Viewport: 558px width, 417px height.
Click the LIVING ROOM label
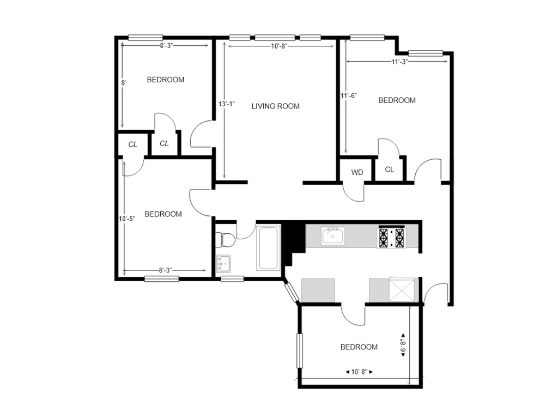point(275,106)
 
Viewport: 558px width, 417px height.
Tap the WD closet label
point(357,172)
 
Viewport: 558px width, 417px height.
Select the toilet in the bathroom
point(225,239)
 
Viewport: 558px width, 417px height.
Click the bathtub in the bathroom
point(269,249)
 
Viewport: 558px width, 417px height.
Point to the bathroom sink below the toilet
point(223,263)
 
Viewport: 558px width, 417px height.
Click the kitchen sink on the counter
point(332,237)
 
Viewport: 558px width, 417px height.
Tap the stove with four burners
point(392,237)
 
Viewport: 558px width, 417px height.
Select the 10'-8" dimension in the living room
point(278,47)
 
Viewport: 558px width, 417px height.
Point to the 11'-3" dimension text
point(400,62)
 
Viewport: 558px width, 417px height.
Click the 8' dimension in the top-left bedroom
point(124,83)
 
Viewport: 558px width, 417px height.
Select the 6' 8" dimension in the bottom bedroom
point(403,346)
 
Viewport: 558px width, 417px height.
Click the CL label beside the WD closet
point(390,170)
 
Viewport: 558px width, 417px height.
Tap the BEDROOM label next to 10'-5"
point(163,214)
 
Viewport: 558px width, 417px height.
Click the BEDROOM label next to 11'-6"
point(397,100)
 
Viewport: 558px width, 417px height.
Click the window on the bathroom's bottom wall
point(232,279)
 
